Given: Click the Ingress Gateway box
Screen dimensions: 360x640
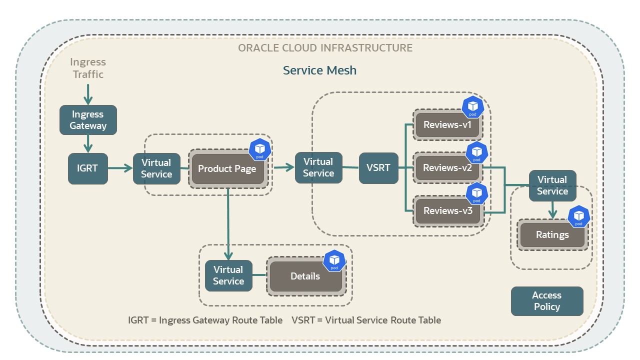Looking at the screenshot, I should click(88, 120).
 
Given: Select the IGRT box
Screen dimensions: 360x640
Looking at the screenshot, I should click(88, 168).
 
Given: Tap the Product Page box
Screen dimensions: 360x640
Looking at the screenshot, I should click(227, 168).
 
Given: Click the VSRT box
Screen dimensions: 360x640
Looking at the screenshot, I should click(378, 168).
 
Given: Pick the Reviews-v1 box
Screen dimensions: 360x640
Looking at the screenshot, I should click(447, 125).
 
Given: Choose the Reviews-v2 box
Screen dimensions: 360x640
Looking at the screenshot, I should click(447, 168).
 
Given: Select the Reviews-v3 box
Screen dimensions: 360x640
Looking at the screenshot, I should click(447, 211).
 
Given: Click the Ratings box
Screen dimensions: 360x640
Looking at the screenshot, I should click(552, 235).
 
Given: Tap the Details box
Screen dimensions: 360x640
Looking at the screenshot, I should click(305, 276).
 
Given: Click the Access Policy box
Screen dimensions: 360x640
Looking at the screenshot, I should click(547, 301).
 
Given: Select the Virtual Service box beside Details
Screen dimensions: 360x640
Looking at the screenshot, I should click(228, 275).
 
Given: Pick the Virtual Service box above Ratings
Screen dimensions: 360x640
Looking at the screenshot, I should click(552, 185).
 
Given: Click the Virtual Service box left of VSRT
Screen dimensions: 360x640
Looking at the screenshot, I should click(318, 168).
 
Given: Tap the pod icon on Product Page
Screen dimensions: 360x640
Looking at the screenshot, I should click(260, 149).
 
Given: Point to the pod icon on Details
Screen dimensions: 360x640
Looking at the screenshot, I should click(334, 261).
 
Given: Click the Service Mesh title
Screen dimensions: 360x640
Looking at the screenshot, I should click(320, 70).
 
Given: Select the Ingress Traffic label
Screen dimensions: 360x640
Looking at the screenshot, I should click(88, 68).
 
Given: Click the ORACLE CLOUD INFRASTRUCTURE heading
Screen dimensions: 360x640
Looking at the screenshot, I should click(325, 48).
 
